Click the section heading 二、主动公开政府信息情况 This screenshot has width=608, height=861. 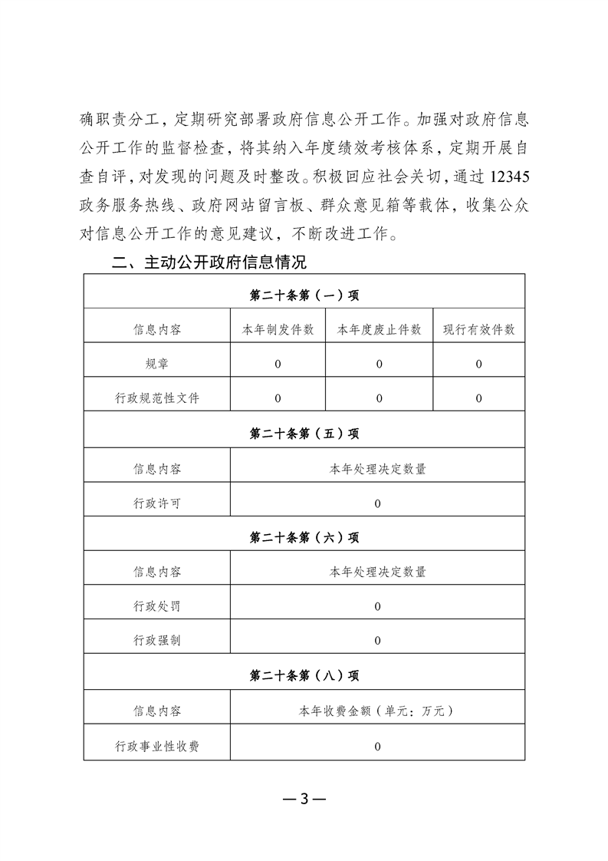[209, 263]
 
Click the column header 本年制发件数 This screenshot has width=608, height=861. [278, 329]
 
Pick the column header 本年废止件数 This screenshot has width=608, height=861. [379, 329]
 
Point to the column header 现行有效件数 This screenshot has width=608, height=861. [478, 329]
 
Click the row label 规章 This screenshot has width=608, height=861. [157, 364]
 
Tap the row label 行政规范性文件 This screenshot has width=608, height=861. [157, 398]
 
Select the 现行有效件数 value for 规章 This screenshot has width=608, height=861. [478, 364]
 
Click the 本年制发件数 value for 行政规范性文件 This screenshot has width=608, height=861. [278, 398]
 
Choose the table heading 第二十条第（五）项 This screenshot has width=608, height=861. [304, 434]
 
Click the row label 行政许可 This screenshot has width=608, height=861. [157, 503]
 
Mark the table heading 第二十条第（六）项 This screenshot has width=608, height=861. [304, 537]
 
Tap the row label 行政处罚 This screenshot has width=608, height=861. [157, 606]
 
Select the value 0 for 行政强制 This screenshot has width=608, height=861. [378, 641]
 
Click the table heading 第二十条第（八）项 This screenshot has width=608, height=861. [304, 675]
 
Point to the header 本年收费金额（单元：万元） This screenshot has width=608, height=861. [378, 711]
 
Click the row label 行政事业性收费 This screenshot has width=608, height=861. [157, 745]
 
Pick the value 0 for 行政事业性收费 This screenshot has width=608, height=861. [378, 745]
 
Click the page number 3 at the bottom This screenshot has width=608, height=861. [304, 798]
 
